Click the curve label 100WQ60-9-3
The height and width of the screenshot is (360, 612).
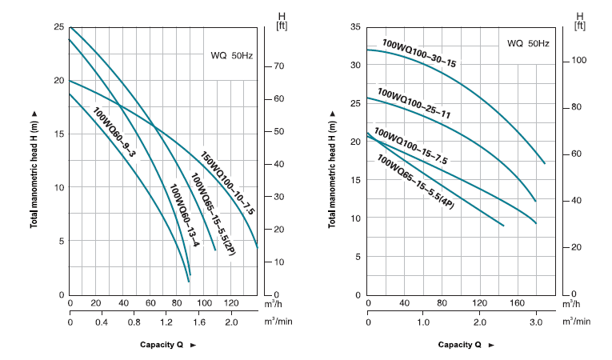click(x=114, y=131)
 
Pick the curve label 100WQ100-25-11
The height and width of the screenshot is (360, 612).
click(x=414, y=103)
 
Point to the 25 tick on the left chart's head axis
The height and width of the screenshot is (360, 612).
click(x=58, y=27)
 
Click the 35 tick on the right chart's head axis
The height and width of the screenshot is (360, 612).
click(x=356, y=27)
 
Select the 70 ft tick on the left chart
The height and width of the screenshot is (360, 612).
click(x=280, y=66)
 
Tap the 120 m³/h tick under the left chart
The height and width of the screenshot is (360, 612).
click(x=230, y=304)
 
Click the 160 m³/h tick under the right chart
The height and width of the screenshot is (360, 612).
click(x=516, y=304)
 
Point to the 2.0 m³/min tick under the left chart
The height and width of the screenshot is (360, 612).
click(x=230, y=322)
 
